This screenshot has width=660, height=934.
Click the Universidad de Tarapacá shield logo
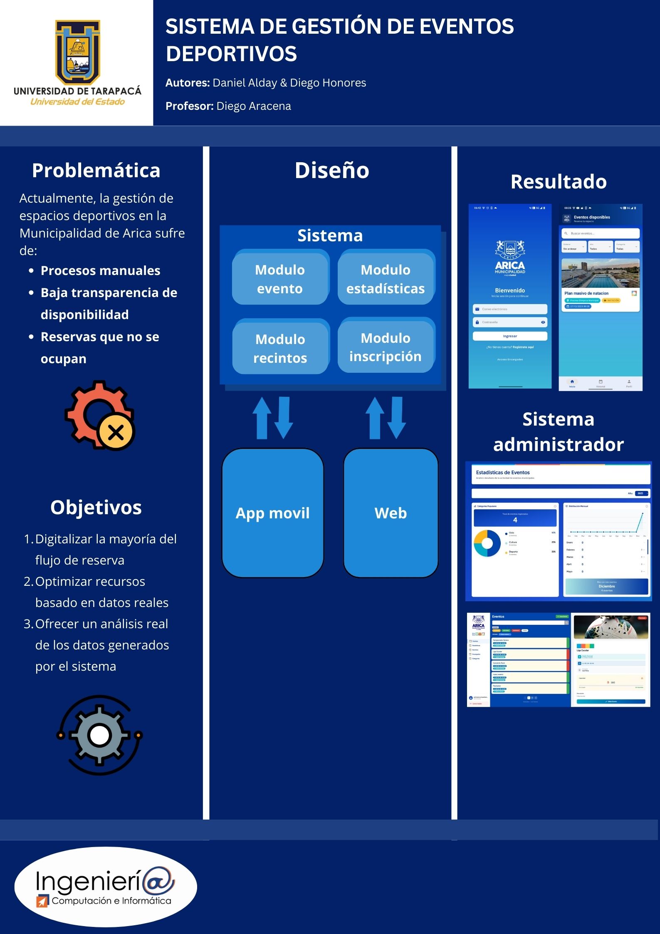click(78, 52)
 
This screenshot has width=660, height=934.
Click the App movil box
click(273, 513)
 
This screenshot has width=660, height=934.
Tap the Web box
click(391, 513)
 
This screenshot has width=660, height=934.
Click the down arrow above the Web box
click(397, 417)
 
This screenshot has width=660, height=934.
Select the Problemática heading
click(96, 171)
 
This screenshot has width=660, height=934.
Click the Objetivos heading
click(96, 508)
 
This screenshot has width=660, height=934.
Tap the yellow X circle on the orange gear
click(116, 432)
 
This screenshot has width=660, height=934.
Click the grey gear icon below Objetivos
click(99, 735)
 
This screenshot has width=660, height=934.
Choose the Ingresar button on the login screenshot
click(510, 336)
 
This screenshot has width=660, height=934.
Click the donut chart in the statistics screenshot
click(487, 543)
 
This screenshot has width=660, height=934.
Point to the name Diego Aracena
click(254, 106)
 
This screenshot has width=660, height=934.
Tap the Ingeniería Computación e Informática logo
click(106, 887)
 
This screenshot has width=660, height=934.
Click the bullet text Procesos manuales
click(100, 271)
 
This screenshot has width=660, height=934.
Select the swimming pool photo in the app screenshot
click(600, 273)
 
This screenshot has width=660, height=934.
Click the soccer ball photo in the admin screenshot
click(611, 627)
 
